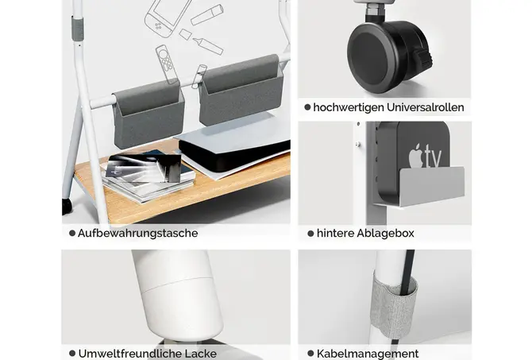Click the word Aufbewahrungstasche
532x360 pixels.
(137, 234)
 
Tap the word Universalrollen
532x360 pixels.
(425, 107)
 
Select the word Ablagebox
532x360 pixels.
(385, 234)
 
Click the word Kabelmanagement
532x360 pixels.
(368, 354)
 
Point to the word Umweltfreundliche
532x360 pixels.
(130, 354)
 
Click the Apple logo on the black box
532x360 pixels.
(416, 156)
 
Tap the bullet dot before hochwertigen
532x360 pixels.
(307, 107)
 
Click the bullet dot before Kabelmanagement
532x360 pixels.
(310, 354)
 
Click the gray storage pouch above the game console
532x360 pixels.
(241, 90)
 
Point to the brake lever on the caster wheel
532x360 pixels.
(425, 58)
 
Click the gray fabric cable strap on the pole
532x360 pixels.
(393, 307)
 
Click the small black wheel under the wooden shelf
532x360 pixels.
(67, 206)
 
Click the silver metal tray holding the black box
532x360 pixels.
(420, 187)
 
